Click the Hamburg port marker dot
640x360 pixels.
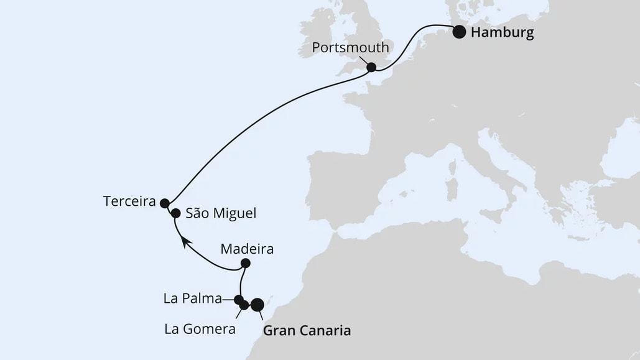[x=459, y=32]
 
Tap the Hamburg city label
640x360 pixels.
[x=502, y=33]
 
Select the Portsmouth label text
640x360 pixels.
[x=351, y=48]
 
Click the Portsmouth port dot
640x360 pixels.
[x=371, y=67]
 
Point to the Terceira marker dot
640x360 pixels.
[x=164, y=203]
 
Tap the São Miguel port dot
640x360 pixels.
[x=175, y=213]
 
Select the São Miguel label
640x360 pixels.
[x=220, y=213]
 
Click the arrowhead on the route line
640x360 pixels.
[x=185, y=241]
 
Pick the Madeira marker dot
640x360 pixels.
[x=245, y=262]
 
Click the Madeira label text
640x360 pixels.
[x=247, y=249]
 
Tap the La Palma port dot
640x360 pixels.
[x=238, y=299]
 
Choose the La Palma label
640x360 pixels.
[x=192, y=299]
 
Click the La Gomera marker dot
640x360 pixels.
[x=244, y=305]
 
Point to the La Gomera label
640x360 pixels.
[x=200, y=329]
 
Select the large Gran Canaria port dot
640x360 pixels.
[x=256, y=304]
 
